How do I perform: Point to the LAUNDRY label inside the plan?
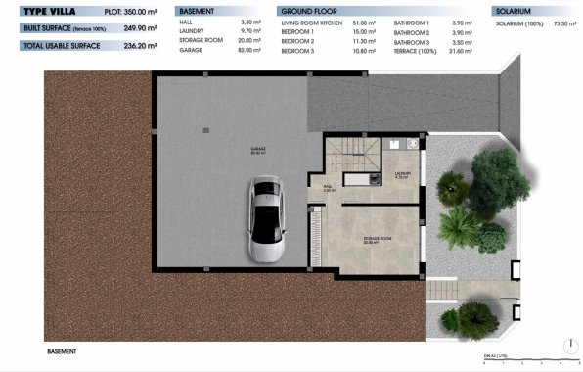click(x=402, y=175)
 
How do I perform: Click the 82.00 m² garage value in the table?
click(x=252, y=50)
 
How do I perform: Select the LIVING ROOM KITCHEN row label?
click(x=311, y=21)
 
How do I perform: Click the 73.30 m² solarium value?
click(x=564, y=21)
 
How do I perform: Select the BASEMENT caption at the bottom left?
click(x=62, y=349)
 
